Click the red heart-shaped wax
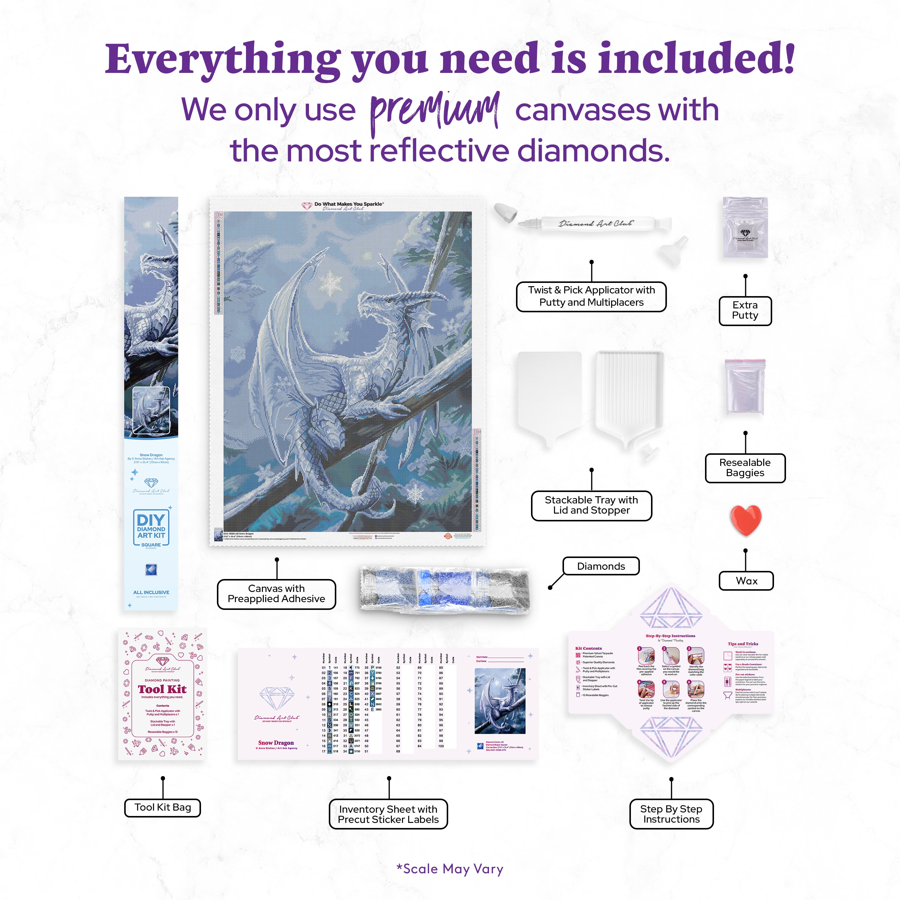tap(745, 519)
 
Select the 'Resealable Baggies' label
tap(745, 468)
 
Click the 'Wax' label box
tap(746, 581)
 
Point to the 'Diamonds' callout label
tap(601, 566)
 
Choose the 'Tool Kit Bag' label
tap(163, 807)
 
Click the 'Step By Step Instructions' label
tap(671, 814)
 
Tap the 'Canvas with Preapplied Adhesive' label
tap(276, 594)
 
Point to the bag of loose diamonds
tap(445, 588)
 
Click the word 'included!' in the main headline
tap(696, 60)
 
